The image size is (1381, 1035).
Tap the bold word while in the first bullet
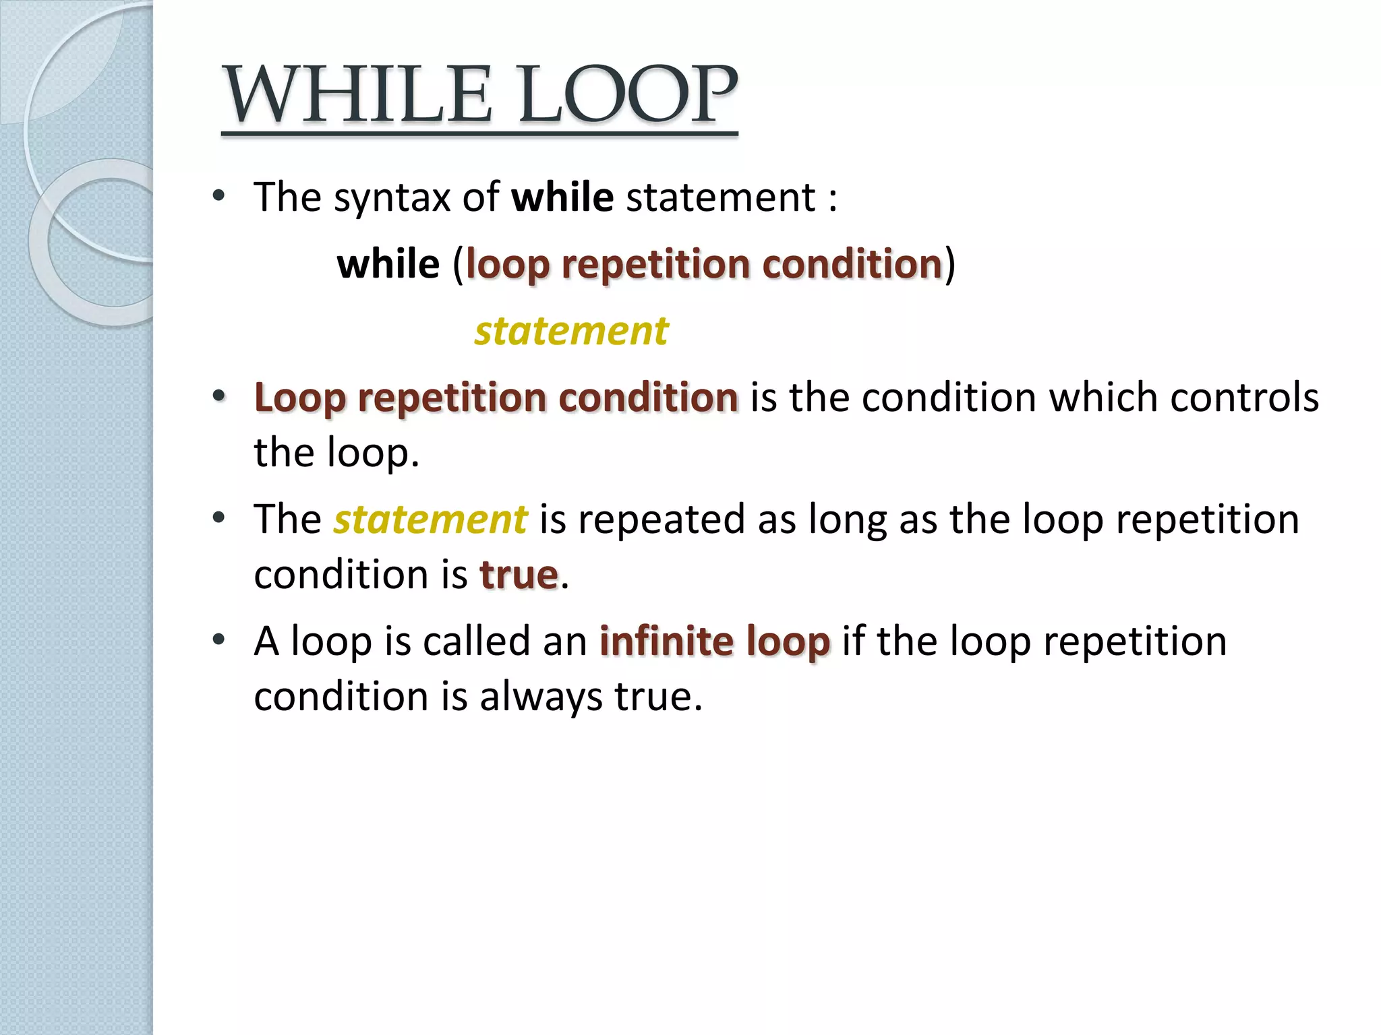562,197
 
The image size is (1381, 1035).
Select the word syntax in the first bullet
392,199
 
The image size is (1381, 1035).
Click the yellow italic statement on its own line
571,331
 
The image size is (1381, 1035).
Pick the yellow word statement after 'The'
430,520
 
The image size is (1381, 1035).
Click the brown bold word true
519,575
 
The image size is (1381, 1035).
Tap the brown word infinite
666,641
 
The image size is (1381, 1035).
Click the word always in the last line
541,696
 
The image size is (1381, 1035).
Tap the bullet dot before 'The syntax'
218,196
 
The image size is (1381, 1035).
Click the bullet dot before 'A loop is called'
218,639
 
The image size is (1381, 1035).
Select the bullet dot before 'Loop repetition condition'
218,396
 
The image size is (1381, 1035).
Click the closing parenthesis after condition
949,264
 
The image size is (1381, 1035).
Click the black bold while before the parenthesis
388,264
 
